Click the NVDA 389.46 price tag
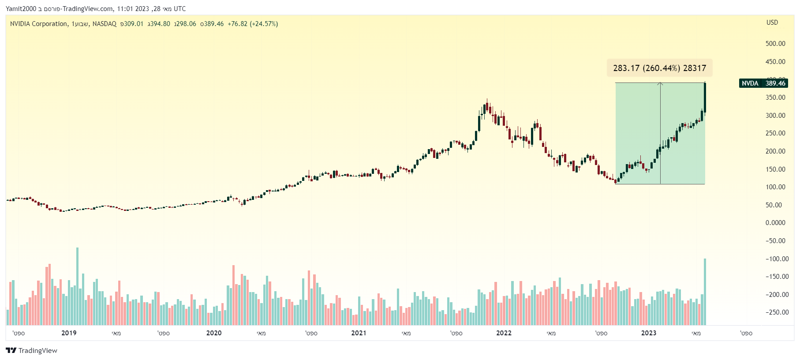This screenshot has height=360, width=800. (x=763, y=83)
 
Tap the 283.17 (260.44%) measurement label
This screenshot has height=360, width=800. (x=659, y=68)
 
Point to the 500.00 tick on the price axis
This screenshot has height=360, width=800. (x=775, y=44)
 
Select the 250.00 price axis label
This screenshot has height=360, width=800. (x=775, y=133)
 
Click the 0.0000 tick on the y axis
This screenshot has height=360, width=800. (x=775, y=223)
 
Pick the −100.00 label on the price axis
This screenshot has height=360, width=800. (x=777, y=259)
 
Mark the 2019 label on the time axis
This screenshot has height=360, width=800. (x=69, y=333)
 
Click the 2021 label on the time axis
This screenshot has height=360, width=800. (x=359, y=333)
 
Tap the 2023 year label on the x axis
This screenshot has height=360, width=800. (x=648, y=333)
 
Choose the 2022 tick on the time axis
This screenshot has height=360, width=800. (x=504, y=333)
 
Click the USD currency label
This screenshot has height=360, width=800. (x=772, y=22)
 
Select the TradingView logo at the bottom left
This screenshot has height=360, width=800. (x=32, y=350)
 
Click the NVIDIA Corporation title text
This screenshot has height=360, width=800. (x=39, y=24)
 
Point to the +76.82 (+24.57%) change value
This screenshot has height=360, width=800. (x=253, y=24)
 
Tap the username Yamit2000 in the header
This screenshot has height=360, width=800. (x=21, y=9)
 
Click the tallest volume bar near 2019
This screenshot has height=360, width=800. (x=77, y=287)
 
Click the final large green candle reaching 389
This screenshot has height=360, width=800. (x=705, y=97)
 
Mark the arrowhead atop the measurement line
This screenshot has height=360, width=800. (x=660, y=83)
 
